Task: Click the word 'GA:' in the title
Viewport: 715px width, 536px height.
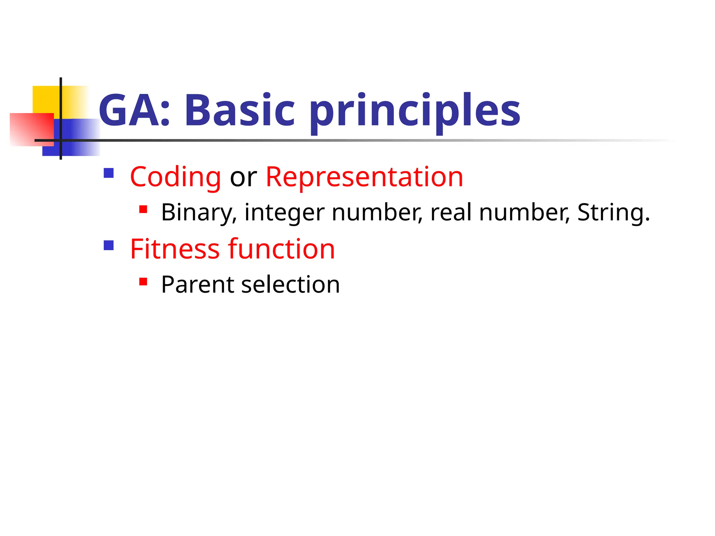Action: pyautogui.click(x=134, y=110)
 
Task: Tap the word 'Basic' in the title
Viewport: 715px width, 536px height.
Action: pyautogui.click(x=239, y=110)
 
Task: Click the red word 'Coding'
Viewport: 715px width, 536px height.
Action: pyautogui.click(x=175, y=177)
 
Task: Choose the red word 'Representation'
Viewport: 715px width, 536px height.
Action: pyautogui.click(x=364, y=177)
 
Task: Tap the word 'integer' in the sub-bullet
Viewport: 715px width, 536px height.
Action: pyautogui.click(x=284, y=213)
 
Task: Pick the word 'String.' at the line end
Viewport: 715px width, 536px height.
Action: pyautogui.click(x=613, y=213)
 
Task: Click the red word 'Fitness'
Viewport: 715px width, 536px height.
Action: pyautogui.click(x=175, y=249)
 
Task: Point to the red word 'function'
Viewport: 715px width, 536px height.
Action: pyautogui.click(x=281, y=249)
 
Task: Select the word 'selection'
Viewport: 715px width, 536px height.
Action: pyautogui.click(x=290, y=284)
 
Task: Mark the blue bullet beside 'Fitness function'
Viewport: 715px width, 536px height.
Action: pyautogui.click(x=109, y=246)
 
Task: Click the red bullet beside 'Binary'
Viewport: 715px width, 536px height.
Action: pyautogui.click(x=143, y=209)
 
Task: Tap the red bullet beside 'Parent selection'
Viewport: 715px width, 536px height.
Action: pyautogui.click(x=143, y=282)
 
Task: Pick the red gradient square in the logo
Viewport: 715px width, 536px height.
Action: pyautogui.click(x=31, y=129)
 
